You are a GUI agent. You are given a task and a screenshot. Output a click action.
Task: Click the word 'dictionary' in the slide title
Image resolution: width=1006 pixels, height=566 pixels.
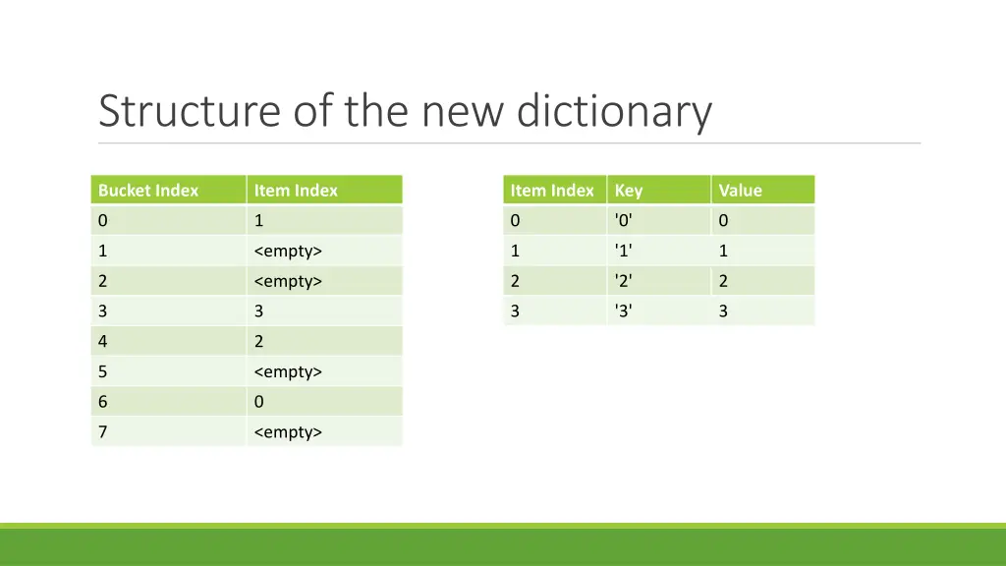tap(614, 111)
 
